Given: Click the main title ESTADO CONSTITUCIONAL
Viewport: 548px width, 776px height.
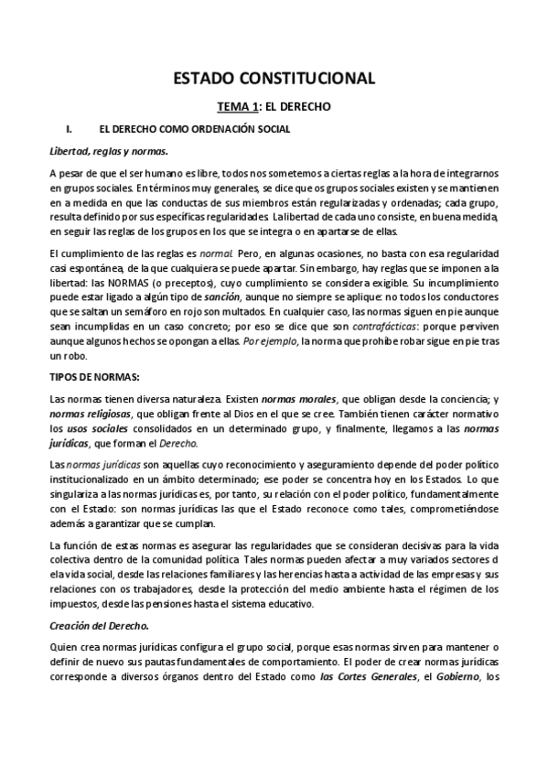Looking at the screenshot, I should click(274, 79).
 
